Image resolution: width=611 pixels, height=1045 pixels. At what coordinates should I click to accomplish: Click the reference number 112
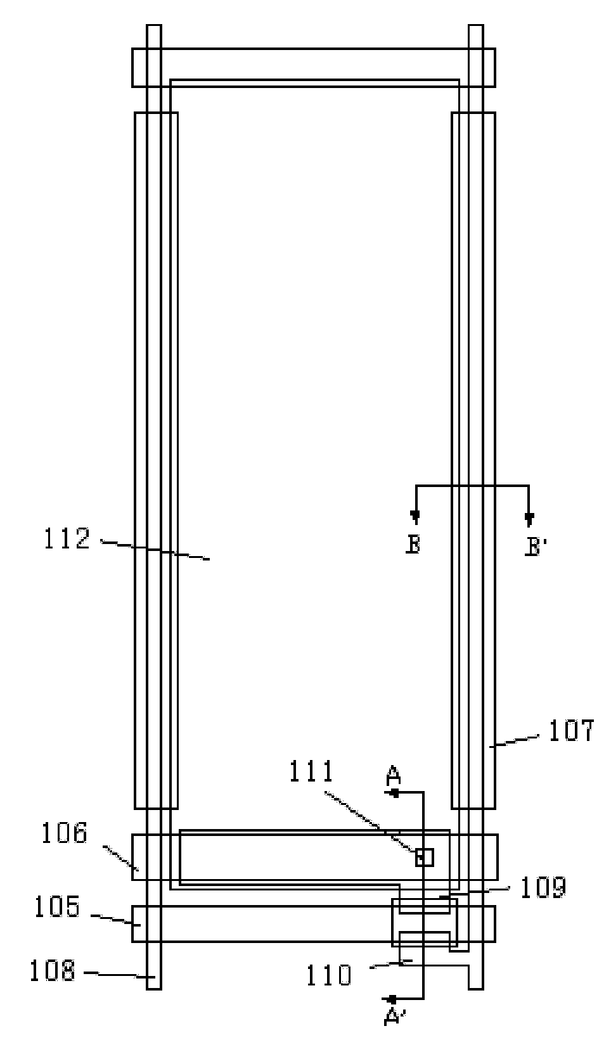[67, 539]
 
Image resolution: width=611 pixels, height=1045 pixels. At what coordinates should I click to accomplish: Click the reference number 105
[58, 907]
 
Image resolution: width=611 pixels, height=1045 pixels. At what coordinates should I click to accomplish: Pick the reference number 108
[52, 971]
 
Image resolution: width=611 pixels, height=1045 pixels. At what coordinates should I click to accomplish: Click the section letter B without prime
[413, 545]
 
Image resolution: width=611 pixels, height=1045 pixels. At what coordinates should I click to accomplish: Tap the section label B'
[536, 547]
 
